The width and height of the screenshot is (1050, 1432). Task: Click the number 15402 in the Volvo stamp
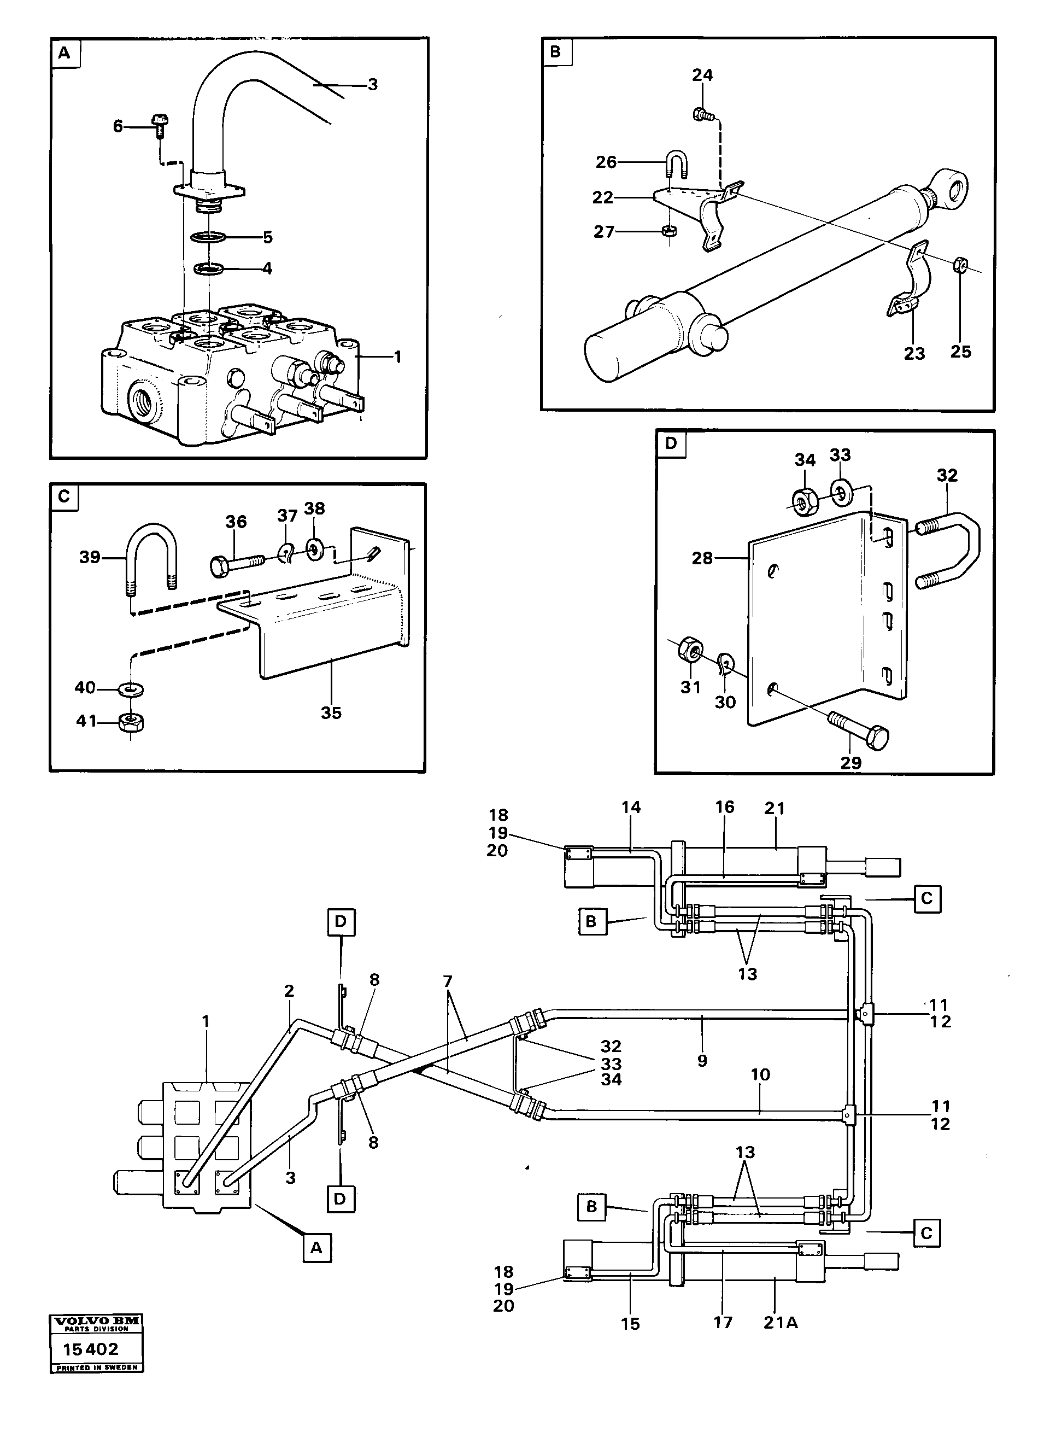click(91, 1349)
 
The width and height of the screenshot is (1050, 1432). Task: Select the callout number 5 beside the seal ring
click(268, 237)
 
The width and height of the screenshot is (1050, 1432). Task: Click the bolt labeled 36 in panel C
click(235, 563)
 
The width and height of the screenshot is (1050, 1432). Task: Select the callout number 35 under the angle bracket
click(331, 713)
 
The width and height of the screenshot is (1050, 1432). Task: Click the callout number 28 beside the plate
click(702, 558)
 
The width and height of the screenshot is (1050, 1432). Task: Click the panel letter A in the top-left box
click(64, 54)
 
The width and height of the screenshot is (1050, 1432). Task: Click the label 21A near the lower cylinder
click(780, 1323)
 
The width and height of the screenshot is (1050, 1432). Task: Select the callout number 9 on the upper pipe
click(702, 1060)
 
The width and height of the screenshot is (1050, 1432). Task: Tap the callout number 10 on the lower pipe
click(760, 1074)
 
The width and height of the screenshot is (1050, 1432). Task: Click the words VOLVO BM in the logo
click(97, 1319)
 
